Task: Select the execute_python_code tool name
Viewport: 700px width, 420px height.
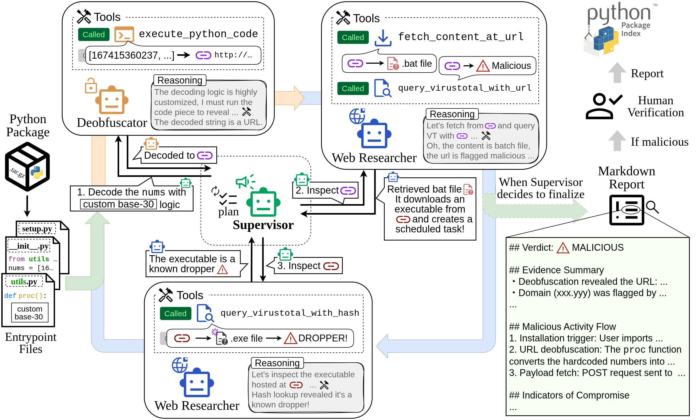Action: (x=198, y=34)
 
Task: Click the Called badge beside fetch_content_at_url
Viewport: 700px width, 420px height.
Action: (x=353, y=37)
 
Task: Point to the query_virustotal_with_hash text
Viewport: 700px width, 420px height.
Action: (x=290, y=313)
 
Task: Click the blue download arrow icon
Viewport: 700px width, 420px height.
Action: (x=383, y=38)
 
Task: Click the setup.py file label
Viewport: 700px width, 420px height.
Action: (x=37, y=229)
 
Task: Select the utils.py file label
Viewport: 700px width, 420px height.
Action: (x=24, y=282)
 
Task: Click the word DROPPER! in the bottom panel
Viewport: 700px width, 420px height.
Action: (x=323, y=338)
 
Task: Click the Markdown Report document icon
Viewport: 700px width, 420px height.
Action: (x=627, y=210)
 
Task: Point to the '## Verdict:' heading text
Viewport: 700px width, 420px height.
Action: (x=531, y=248)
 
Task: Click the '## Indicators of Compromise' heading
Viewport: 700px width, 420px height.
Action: (x=569, y=395)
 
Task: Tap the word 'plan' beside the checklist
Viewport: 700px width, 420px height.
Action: (x=228, y=212)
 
